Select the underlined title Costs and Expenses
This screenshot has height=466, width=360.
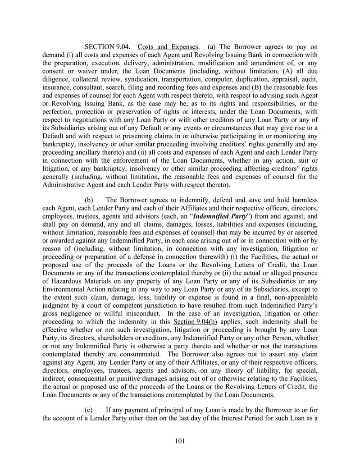tap(168, 47)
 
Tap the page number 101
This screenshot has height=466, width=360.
tap(180, 441)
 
